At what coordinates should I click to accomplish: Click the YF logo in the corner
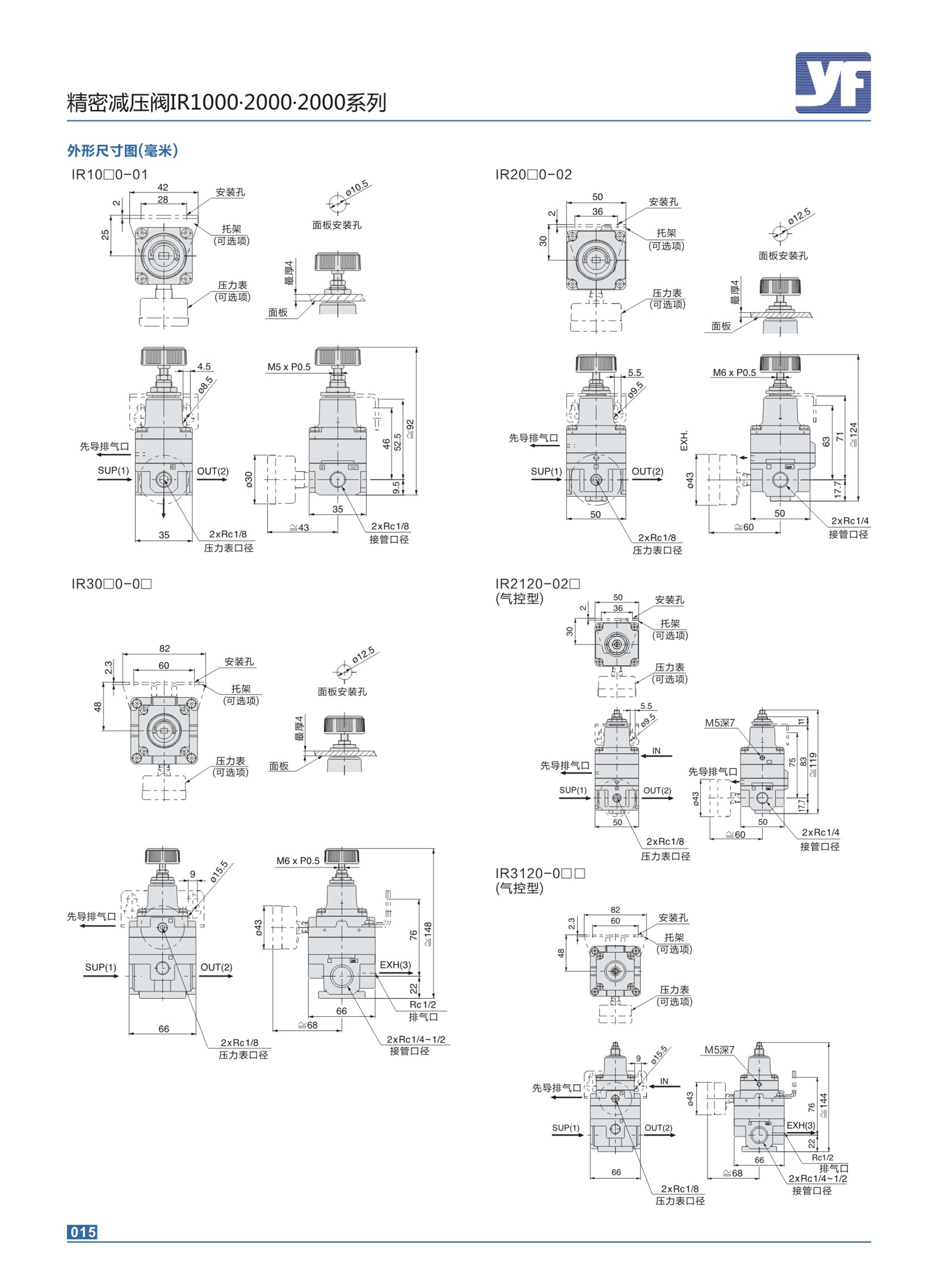(x=833, y=83)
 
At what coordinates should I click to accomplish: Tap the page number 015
(x=83, y=1231)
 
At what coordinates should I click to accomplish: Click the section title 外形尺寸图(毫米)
(x=123, y=150)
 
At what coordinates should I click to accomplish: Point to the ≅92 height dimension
(x=410, y=428)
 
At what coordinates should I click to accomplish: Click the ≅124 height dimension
(x=853, y=434)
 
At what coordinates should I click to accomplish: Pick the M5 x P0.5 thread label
(x=289, y=367)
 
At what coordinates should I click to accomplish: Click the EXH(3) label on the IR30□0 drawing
(x=395, y=965)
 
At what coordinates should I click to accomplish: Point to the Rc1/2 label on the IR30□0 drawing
(x=423, y=1004)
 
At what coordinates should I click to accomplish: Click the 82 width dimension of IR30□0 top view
(x=165, y=649)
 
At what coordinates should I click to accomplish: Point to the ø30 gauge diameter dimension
(x=249, y=480)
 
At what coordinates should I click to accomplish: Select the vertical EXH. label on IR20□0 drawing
(x=684, y=441)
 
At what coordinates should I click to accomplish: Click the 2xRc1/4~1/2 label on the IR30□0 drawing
(x=416, y=1039)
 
